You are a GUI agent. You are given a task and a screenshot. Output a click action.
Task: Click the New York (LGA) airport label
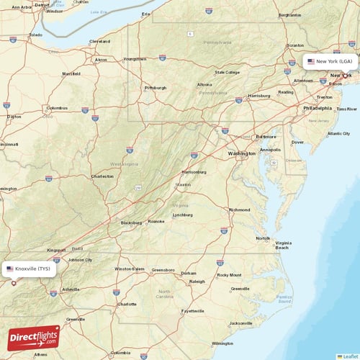330,62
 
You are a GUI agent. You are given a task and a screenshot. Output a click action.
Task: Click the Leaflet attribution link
349,356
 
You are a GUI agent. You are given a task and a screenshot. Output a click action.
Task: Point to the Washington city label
241,153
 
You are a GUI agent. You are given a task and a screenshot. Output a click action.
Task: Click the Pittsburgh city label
155,88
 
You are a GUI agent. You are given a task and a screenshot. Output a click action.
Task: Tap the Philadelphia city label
318,108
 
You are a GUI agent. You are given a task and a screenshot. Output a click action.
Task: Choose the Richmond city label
239,210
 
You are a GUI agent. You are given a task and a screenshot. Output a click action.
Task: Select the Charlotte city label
127,304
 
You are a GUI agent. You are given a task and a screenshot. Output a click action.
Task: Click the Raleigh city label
197,282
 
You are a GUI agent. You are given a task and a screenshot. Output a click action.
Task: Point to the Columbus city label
57,109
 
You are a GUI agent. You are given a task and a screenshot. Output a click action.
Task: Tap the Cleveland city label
99,42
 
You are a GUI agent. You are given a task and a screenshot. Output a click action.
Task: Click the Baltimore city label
266,136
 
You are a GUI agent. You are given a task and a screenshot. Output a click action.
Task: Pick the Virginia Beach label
287,245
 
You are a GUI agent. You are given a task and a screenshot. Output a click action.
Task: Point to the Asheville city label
71,289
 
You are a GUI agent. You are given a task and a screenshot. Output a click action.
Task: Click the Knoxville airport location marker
13,283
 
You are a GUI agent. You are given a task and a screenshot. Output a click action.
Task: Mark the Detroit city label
42,4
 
